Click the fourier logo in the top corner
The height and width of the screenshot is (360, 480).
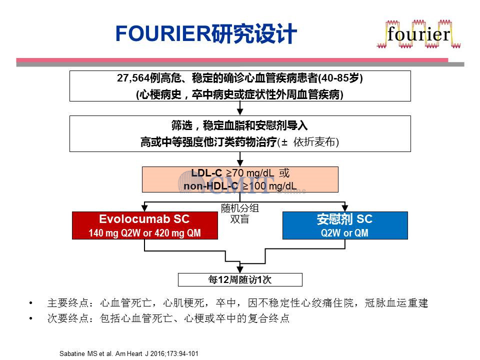418,34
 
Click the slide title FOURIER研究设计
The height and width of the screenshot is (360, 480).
206,33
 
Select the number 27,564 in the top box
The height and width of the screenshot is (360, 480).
133,78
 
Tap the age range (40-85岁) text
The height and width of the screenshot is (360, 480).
340,78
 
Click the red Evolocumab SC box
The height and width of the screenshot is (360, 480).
145,225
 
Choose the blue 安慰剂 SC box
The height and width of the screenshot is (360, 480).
345,225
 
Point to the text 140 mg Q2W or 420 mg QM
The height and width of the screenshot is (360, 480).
145,233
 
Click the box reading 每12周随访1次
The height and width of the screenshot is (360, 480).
240,279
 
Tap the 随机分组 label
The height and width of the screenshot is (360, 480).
240,208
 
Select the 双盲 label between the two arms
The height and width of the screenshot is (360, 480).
239,219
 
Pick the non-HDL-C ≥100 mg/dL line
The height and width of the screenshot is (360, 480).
240,186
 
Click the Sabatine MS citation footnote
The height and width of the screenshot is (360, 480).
129,353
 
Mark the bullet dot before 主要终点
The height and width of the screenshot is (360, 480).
30,303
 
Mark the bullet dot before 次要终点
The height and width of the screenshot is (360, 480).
30,318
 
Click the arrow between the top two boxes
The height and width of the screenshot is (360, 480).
240,108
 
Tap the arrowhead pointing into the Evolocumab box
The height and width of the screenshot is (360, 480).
144,208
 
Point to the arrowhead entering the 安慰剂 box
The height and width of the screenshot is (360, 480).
345,208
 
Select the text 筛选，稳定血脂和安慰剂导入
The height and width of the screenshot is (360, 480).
239,125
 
